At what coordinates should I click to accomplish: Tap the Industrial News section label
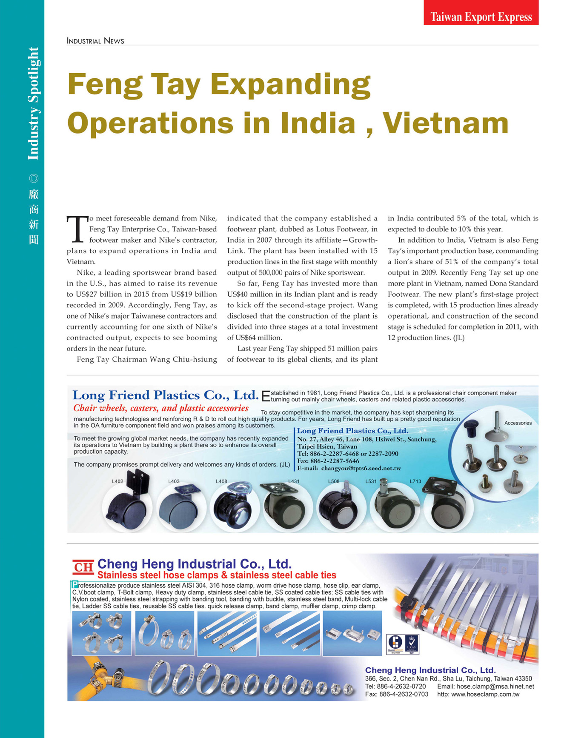[x=95, y=41]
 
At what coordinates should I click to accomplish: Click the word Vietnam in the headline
[x=445, y=123]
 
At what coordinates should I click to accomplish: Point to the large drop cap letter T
[x=77, y=229]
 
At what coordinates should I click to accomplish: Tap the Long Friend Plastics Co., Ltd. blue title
[x=165, y=395]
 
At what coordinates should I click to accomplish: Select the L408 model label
[x=221, y=481]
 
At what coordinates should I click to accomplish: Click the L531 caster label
[x=371, y=481]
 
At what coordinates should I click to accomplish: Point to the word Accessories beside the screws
[x=518, y=423]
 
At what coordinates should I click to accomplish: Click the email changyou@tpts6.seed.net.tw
[x=361, y=468]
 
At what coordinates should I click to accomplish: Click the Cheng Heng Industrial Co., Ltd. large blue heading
[x=194, y=564]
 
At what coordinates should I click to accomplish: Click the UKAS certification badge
[x=412, y=644]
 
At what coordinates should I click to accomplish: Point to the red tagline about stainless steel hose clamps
[x=217, y=575]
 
